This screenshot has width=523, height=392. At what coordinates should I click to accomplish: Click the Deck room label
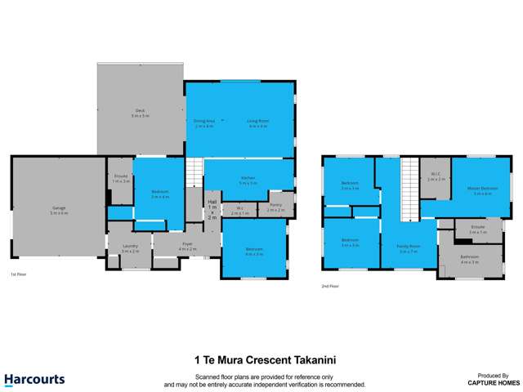(x=139, y=112)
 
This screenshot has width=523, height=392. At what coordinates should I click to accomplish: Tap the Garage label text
(x=58, y=210)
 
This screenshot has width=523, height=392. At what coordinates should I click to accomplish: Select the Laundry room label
(x=130, y=247)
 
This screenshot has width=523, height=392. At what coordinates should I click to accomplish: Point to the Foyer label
(x=187, y=244)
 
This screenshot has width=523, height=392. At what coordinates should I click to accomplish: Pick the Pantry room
(x=275, y=207)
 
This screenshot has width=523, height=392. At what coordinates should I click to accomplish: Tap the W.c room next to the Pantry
(x=240, y=208)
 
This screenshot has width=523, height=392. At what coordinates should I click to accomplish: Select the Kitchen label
(x=248, y=180)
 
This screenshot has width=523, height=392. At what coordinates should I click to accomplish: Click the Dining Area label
(x=203, y=123)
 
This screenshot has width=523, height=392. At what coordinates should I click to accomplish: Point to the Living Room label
(x=257, y=123)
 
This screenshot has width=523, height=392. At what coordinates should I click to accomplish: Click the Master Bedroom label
(x=482, y=190)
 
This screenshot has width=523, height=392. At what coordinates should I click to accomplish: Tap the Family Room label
(x=409, y=248)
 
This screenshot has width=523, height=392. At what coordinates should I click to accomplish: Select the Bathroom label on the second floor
(x=470, y=259)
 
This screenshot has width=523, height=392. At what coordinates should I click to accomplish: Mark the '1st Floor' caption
(x=19, y=274)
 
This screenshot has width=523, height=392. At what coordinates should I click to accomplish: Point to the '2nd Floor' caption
(x=329, y=286)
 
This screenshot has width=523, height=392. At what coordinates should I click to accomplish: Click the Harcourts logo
(x=34, y=379)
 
